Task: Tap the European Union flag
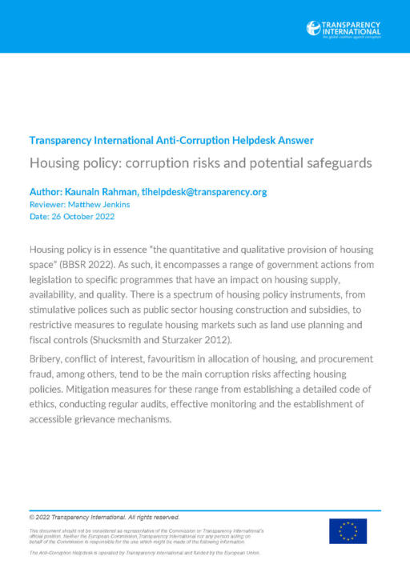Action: (348, 531)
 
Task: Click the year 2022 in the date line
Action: (101, 217)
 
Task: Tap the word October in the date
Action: (74, 217)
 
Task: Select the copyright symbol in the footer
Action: (32, 517)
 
